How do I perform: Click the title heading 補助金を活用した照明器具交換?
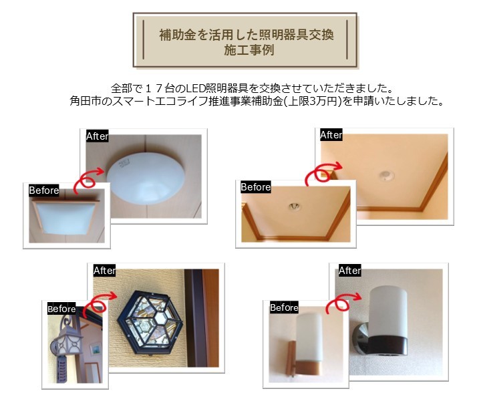[246, 35]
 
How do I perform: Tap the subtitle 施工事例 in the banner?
[249, 50]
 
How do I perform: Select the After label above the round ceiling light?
[98, 136]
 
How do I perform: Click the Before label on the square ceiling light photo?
[43, 190]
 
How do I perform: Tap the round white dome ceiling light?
[146, 182]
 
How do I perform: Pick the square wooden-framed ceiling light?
[66, 216]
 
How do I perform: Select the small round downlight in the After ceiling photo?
[384, 176]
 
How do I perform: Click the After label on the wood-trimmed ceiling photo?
[331, 135]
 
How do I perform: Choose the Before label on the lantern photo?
[61, 308]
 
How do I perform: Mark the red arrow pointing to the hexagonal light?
[99, 303]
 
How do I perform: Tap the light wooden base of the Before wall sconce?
[307, 367]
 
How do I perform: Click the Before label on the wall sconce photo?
[284, 307]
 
